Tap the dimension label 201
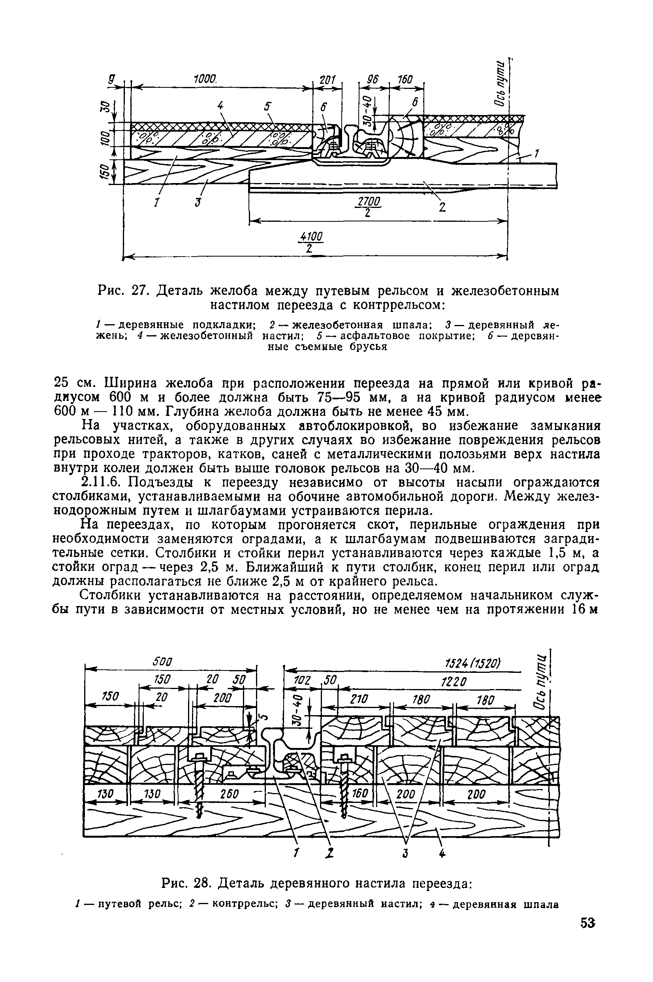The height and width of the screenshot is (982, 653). pos(327,80)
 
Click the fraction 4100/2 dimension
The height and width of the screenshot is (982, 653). pos(311,242)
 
